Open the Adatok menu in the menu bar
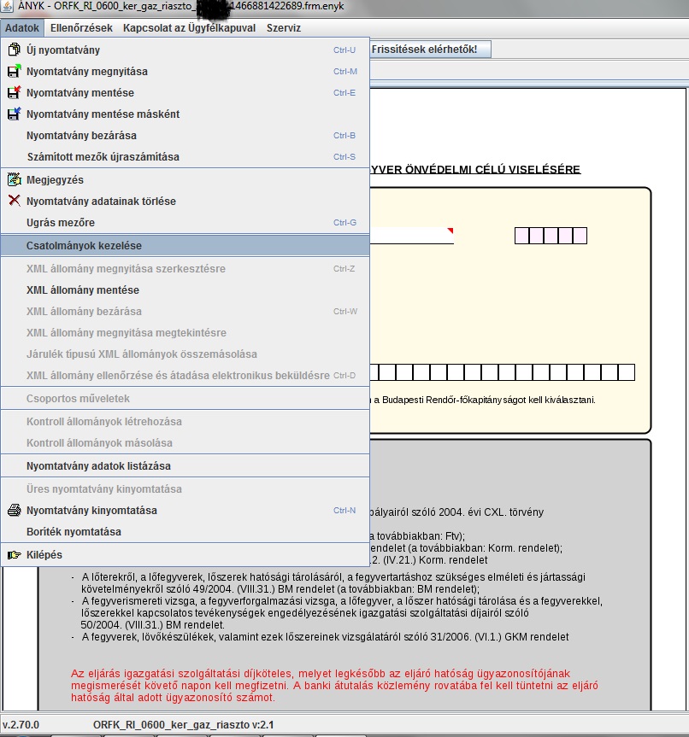[22, 28]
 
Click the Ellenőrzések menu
[81, 28]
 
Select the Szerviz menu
[283, 28]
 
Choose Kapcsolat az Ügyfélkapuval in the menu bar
[189, 28]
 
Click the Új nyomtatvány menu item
[63, 50]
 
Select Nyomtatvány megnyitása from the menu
[87, 72]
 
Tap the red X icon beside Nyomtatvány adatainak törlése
[15, 201]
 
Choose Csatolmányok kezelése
[84, 245]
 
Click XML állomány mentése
[83, 290]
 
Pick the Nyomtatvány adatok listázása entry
[98, 465]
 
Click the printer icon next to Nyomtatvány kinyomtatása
[15, 510]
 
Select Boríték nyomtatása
[74, 531]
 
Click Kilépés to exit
[44, 554]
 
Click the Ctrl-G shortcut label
[344, 222]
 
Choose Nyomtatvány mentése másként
[103, 114]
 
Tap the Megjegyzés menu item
[55, 180]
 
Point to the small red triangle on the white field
[450, 231]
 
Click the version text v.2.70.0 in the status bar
[21, 725]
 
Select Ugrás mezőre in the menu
[61, 222]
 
